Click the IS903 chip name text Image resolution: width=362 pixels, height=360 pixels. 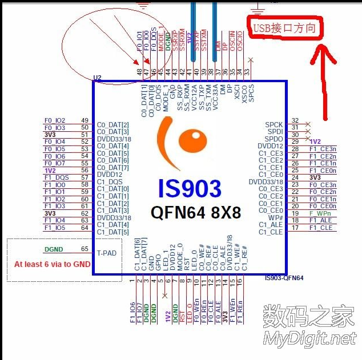point(190,188)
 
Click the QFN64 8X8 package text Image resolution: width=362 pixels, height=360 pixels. point(196,212)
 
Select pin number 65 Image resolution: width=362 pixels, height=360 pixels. point(85,249)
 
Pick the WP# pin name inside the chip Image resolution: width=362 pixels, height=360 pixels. point(275,217)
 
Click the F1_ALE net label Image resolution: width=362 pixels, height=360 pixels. point(320,220)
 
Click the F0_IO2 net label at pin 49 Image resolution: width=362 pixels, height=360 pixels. point(55,120)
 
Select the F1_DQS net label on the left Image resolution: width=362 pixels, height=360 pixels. point(56,177)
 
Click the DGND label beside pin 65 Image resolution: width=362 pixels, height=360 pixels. point(54,249)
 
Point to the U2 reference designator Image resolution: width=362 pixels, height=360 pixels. point(97,77)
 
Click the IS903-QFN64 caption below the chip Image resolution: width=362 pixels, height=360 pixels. point(284,278)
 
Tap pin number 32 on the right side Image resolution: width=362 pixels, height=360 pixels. point(295,120)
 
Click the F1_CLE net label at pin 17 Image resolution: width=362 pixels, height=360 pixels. point(320,228)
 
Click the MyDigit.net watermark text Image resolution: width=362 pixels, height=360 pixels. point(309,338)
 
